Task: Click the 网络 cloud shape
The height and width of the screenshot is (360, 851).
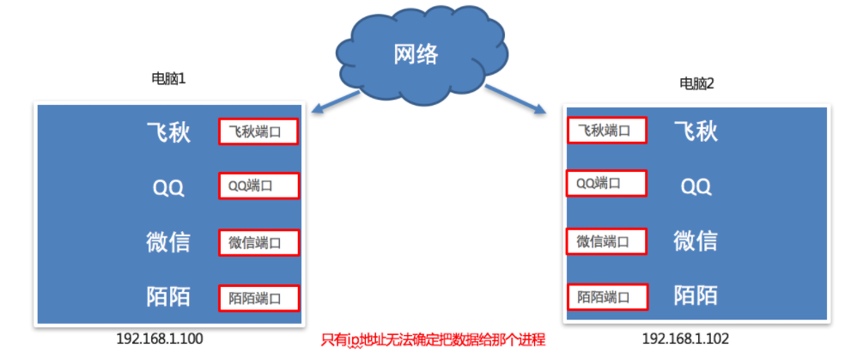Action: [416, 53]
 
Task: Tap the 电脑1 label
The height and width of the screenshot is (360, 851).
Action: [168, 79]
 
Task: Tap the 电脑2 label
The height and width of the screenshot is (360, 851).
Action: [696, 83]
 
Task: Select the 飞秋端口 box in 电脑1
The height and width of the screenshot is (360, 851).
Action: [258, 131]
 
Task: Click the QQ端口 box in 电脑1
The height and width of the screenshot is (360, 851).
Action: [258, 186]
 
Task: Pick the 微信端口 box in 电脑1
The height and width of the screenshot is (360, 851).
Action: [258, 242]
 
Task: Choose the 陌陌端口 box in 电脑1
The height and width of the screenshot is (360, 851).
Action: [258, 297]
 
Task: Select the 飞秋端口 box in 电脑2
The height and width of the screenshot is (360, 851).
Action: [606, 130]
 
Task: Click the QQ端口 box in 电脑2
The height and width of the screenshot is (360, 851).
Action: [606, 183]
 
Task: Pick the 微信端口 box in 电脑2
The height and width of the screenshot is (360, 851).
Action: [606, 241]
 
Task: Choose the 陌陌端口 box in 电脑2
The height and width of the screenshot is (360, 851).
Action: [606, 297]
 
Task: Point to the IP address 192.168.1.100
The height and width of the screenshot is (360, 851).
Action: [160, 339]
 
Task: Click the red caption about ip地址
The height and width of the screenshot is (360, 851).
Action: [433, 340]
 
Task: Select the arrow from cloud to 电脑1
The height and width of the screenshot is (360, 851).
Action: [334, 101]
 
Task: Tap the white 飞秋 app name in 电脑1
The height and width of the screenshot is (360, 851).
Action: [168, 131]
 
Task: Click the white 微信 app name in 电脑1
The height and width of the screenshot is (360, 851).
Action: [168, 242]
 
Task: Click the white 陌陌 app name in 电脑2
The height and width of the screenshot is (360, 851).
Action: [696, 296]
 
